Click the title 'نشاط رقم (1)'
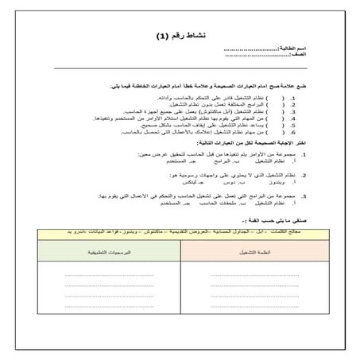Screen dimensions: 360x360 point(180,37)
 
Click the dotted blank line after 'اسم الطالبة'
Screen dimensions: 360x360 point(254,49)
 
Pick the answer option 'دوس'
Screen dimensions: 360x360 point(212,180)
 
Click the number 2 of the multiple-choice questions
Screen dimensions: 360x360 point(293,173)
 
